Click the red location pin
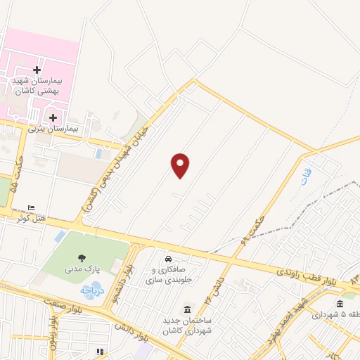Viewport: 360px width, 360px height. point(181,165)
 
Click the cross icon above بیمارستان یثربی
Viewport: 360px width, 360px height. point(54,116)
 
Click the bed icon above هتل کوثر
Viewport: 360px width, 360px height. point(31,208)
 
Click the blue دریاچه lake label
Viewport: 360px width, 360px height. point(92,289)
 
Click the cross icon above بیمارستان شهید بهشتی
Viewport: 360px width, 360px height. point(37,71)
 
